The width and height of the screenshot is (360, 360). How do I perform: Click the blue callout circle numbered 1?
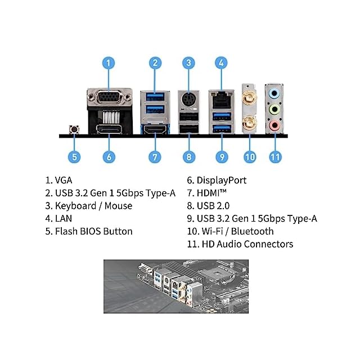pyautogui.click(x=109, y=64)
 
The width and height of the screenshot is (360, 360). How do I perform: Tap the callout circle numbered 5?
pyautogui.click(x=75, y=157)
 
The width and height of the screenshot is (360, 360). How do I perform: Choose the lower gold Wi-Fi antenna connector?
pyautogui.click(x=248, y=121)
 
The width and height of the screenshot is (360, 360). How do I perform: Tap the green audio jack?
pyautogui.click(x=274, y=109)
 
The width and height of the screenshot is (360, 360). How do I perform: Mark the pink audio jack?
pyautogui.click(x=274, y=125)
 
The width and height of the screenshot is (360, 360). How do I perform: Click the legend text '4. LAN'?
pyautogui.click(x=59, y=218)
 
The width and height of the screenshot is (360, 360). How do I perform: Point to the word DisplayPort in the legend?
pyautogui.click(x=222, y=181)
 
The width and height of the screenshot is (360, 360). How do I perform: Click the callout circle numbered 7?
pyautogui.click(x=156, y=157)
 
